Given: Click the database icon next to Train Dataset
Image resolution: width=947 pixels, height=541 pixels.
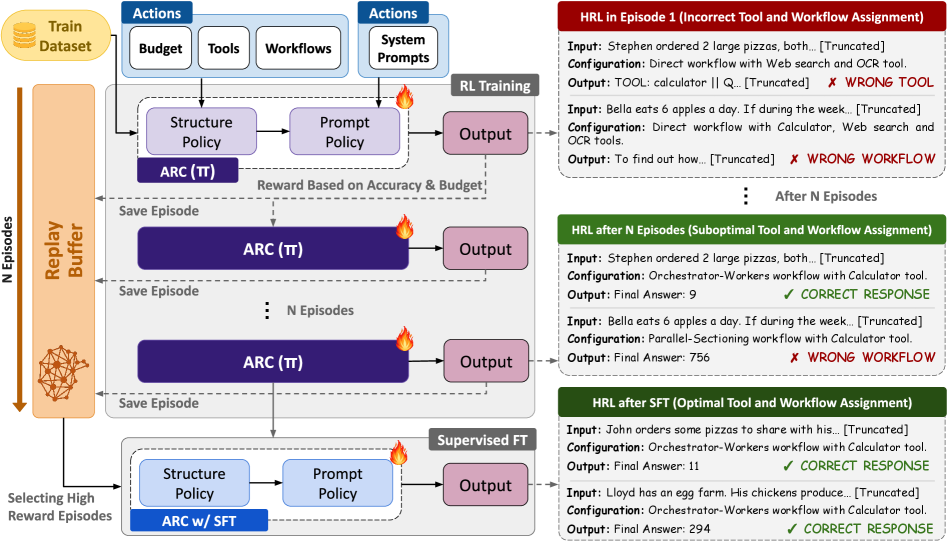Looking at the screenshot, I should (24, 36).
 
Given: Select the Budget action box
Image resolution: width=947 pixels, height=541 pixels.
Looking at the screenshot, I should (160, 48).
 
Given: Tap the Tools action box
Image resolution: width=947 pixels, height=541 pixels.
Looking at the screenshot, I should (223, 48).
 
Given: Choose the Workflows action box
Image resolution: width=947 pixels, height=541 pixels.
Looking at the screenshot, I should (298, 48).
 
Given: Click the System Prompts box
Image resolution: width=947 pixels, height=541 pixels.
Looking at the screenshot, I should (404, 49).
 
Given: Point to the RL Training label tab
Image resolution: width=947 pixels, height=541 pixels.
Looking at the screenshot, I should (494, 86).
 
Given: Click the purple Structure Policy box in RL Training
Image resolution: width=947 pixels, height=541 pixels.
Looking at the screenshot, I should (201, 132).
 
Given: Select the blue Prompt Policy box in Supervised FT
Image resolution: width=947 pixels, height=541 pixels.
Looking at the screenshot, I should (337, 484).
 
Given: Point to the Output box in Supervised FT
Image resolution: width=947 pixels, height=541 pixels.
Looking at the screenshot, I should (485, 485).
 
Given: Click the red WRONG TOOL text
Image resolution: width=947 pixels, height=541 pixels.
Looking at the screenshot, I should (889, 82).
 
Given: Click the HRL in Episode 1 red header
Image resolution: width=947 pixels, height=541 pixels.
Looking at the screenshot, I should (751, 16).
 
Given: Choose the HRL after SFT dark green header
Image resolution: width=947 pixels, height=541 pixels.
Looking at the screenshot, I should (751, 403).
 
